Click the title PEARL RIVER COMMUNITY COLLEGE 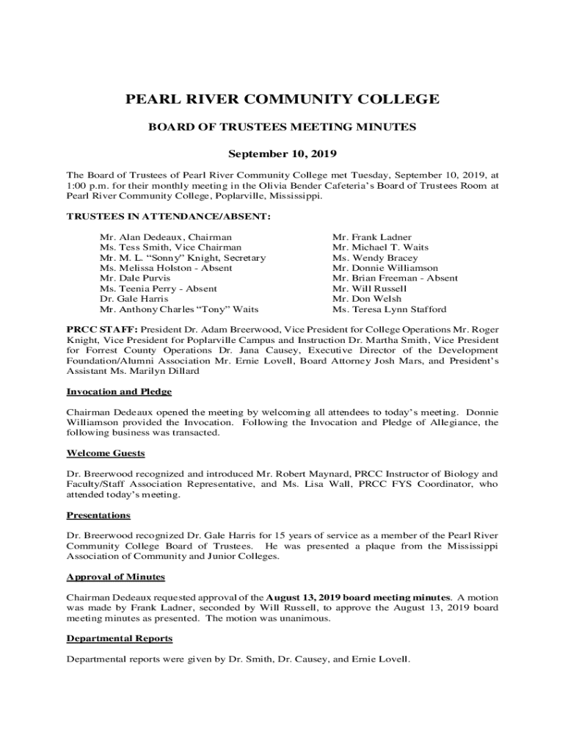pyautogui.click(x=282, y=99)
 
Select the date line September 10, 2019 pyautogui.click(x=282, y=154)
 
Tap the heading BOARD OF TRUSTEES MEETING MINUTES pyautogui.click(x=282, y=127)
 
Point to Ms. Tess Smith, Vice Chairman pyautogui.click(x=170, y=247)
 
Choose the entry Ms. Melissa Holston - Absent pyautogui.click(x=166, y=268)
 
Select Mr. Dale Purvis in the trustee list pyautogui.click(x=135, y=278)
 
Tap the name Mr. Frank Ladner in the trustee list pyautogui.click(x=372, y=237)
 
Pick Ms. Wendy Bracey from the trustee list pyautogui.click(x=375, y=258)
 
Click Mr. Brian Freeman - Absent pyautogui.click(x=395, y=278)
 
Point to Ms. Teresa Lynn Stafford pyautogui.click(x=389, y=309)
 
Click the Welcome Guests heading pyautogui.click(x=106, y=453)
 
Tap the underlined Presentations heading pyautogui.click(x=98, y=515)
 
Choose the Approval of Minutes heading pyautogui.click(x=115, y=576)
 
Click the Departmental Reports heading pyautogui.click(x=120, y=638)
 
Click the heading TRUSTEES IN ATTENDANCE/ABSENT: pyautogui.click(x=168, y=217)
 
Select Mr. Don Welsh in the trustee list pyautogui.click(x=363, y=299)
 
